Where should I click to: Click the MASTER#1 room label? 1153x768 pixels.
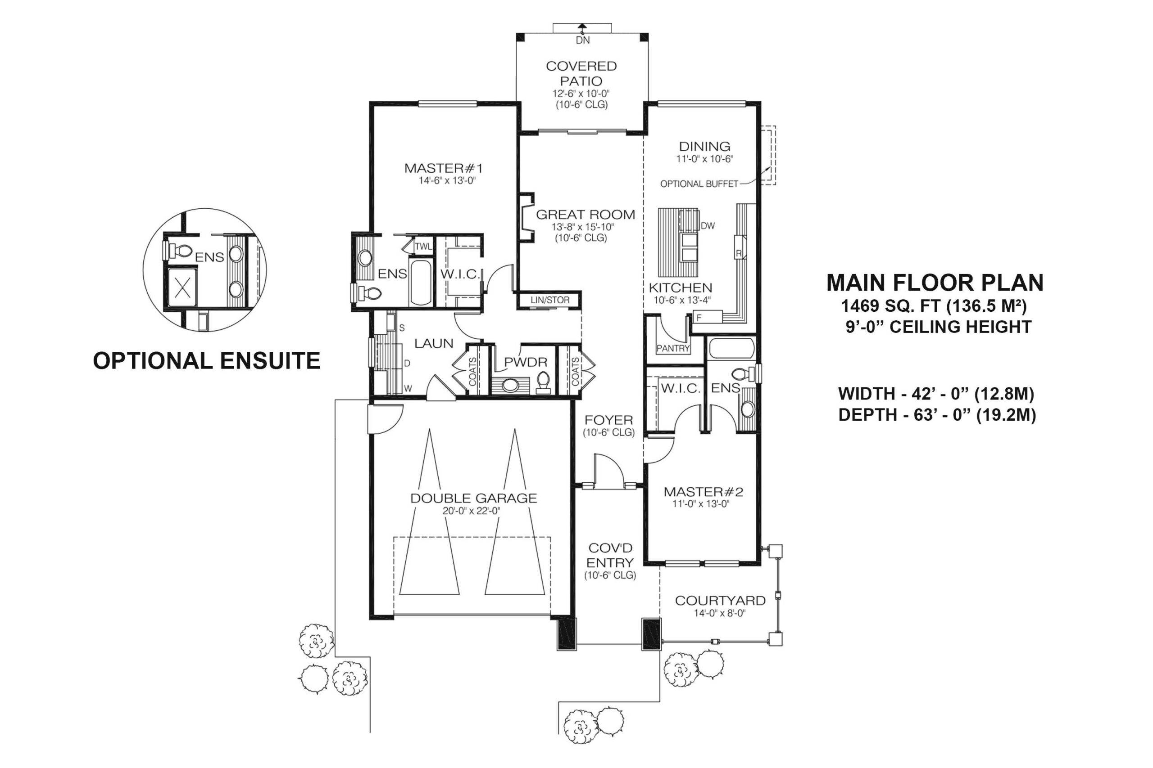click(443, 168)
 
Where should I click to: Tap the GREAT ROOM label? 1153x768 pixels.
click(586, 215)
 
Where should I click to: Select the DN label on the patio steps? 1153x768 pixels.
click(582, 40)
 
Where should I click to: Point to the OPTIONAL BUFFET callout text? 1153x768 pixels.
click(699, 184)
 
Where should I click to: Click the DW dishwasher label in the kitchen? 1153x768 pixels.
click(708, 226)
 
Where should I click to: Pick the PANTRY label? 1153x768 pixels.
click(673, 348)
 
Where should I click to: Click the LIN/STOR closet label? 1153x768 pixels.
click(550, 300)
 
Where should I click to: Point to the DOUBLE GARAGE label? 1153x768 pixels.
click(473, 499)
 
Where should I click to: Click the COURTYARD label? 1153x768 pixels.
click(720, 601)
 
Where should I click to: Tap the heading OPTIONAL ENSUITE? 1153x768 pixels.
click(206, 361)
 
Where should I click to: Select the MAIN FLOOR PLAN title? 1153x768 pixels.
click(935, 283)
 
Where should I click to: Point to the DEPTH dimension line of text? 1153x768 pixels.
click(937, 415)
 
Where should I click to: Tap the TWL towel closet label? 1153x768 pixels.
click(423, 247)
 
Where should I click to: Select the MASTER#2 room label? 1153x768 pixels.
click(704, 492)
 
